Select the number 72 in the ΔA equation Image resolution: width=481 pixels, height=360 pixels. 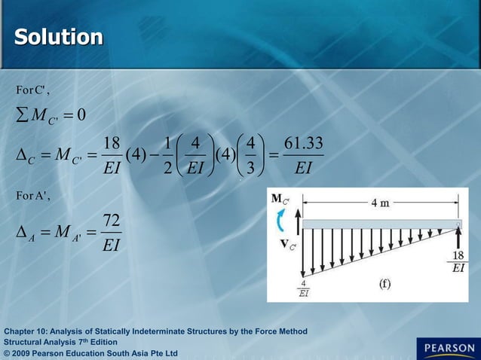point(111,221)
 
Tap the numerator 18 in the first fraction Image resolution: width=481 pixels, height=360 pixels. point(112,144)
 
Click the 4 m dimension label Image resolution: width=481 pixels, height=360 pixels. point(381,204)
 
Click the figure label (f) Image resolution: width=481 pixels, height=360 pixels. point(384,284)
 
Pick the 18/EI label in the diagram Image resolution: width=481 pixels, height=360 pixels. point(458,260)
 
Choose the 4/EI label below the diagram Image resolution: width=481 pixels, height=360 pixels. point(302,289)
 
